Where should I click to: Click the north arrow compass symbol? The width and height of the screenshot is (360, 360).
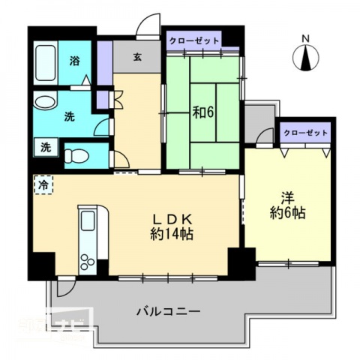pos(305,58)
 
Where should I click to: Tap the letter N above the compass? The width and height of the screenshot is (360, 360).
pos(305,37)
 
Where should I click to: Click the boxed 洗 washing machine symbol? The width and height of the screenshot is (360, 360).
pos(45,148)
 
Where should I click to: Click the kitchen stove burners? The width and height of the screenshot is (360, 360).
pos(87,262)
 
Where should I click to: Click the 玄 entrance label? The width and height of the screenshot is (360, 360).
pos(138,56)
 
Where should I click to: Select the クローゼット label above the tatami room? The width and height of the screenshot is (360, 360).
pos(194,40)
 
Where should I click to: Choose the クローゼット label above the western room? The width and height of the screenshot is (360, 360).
pos(306,132)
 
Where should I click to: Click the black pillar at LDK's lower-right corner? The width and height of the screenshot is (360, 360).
pos(241,260)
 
